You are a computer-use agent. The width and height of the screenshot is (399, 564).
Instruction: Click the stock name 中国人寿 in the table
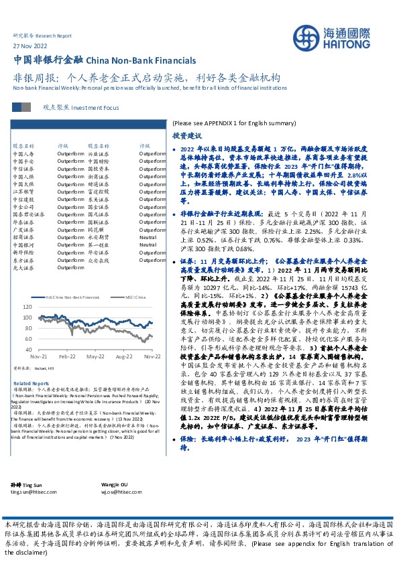coord(23,153)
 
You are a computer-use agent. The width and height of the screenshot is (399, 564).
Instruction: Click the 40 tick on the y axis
coord(27,349)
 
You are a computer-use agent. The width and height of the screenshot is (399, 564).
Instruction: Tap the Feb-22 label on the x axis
coord(66,358)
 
